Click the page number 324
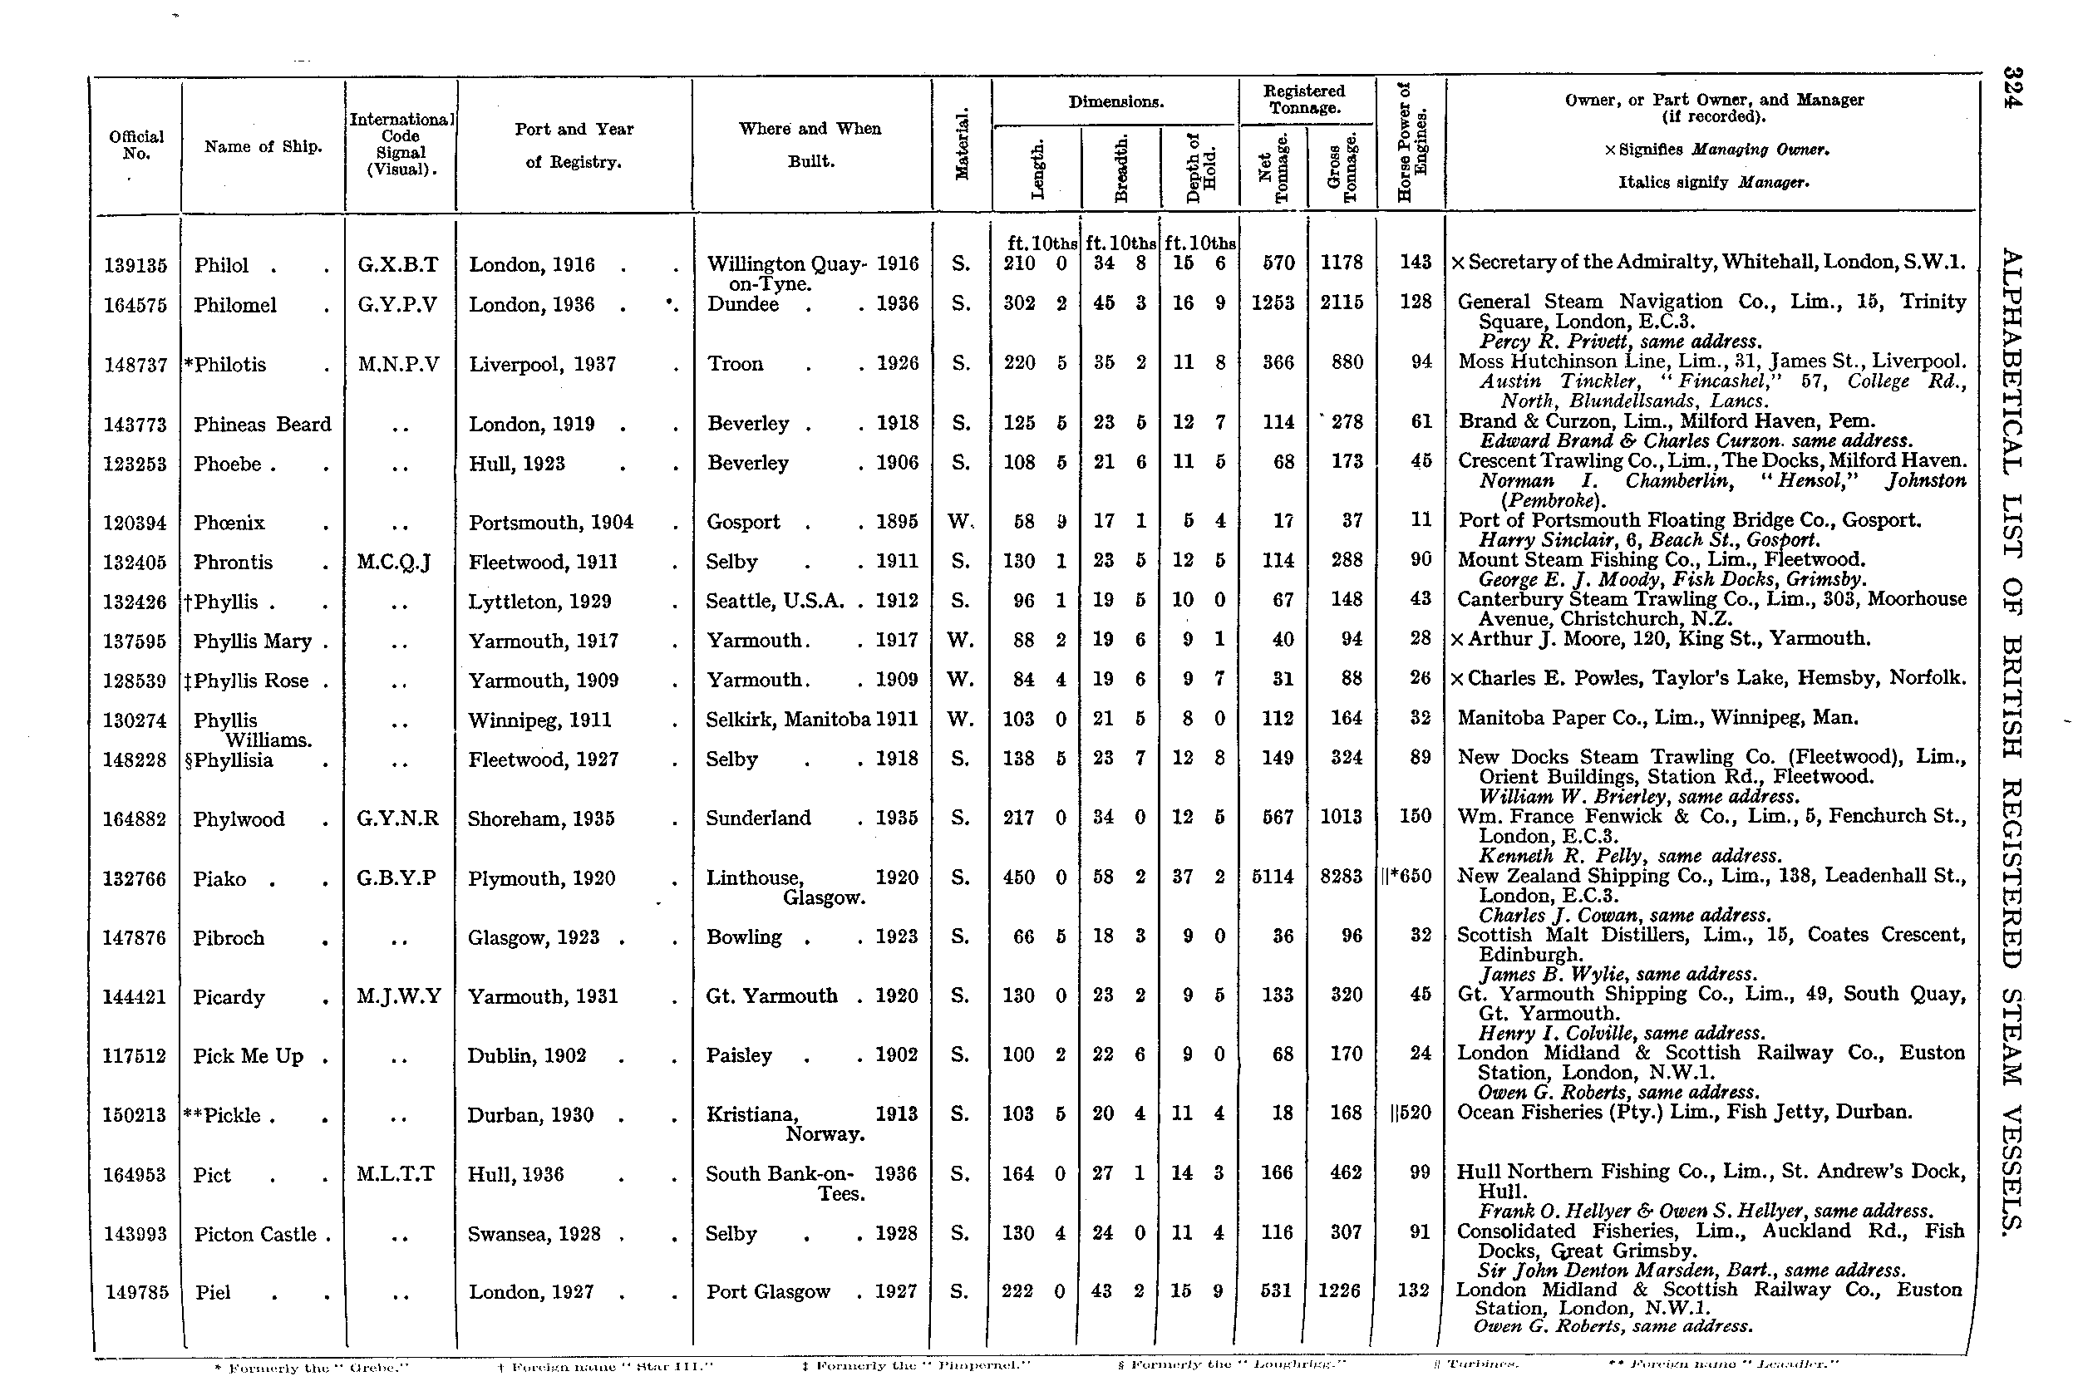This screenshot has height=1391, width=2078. point(2012,87)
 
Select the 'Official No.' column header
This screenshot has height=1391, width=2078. point(135,145)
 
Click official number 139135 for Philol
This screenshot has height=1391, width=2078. point(135,265)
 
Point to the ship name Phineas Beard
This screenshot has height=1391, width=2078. point(262,424)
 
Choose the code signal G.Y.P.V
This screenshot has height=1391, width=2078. point(397,305)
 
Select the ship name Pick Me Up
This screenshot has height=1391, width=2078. point(249,1055)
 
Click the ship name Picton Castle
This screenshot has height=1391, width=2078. point(254,1234)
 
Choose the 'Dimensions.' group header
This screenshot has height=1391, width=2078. point(1115,102)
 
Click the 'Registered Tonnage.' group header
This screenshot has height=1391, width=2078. point(1304,99)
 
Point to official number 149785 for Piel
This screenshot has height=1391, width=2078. point(136,1292)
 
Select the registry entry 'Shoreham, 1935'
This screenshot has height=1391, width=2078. point(541,818)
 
